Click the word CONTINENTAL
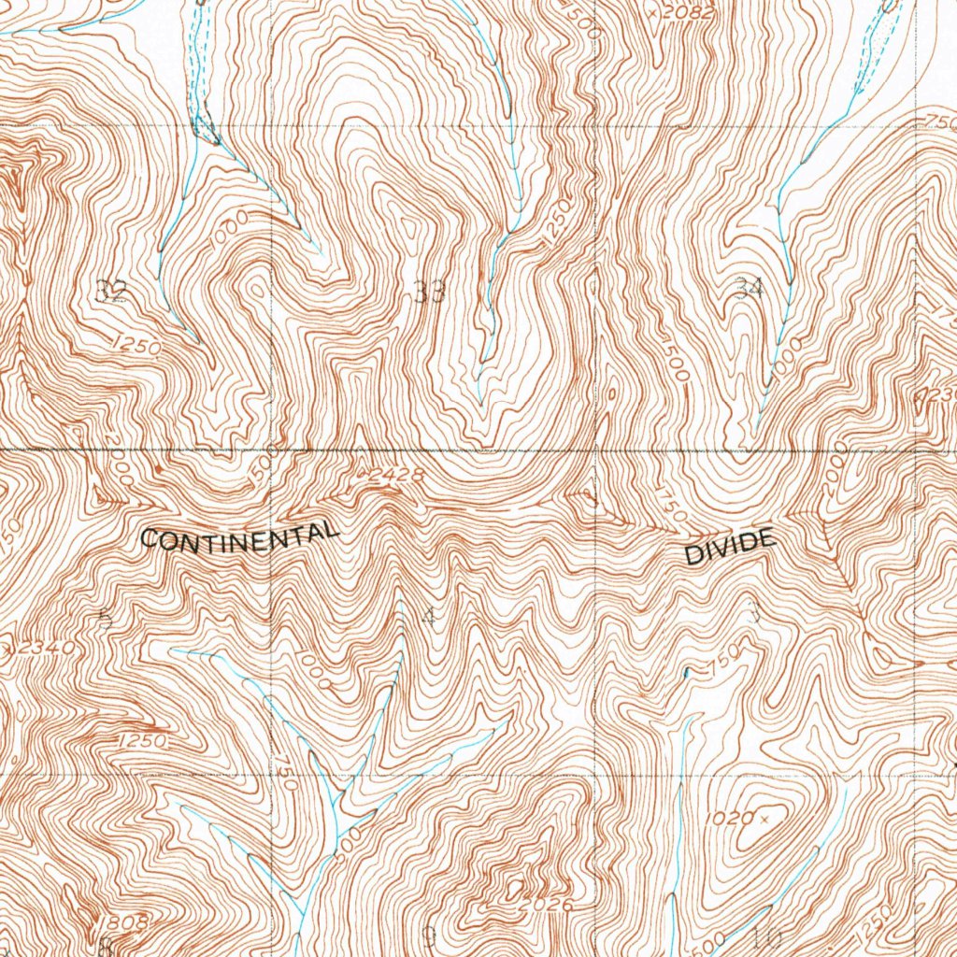click(238, 536)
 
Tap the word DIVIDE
click(730, 547)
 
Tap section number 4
click(429, 616)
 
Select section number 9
click(429, 935)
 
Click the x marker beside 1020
click(764, 820)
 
